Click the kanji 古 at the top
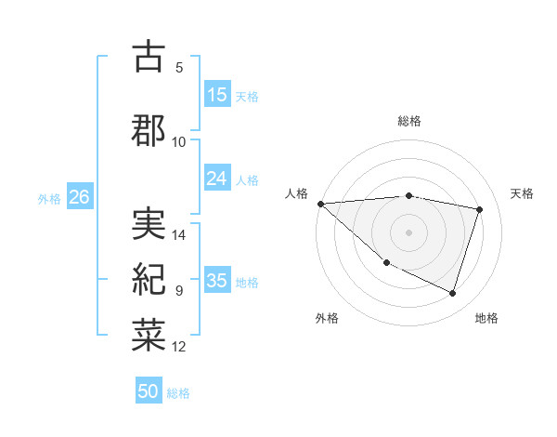click(149, 57)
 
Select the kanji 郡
click(149, 129)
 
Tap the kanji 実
click(149, 224)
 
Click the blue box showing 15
click(217, 95)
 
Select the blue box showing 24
click(217, 179)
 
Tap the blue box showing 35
click(217, 281)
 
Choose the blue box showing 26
click(80, 197)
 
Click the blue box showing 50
click(149, 392)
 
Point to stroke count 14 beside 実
click(180, 235)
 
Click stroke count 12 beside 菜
click(180, 347)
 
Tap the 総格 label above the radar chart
click(409, 121)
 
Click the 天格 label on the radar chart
click(523, 193)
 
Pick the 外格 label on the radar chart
click(327, 318)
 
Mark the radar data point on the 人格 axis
click(320, 204)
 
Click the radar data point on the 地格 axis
click(452, 294)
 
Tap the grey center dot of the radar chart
click(408, 232)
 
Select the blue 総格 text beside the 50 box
click(178, 393)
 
